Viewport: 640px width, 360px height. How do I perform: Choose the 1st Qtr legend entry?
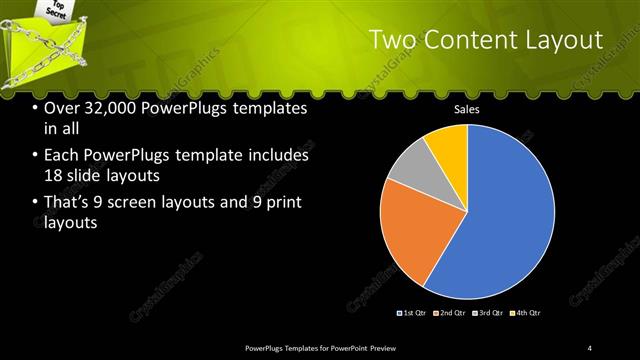click(x=414, y=313)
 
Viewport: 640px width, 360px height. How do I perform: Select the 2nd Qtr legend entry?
click(x=452, y=313)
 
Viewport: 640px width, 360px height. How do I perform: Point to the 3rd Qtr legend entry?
click(x=490, y=313)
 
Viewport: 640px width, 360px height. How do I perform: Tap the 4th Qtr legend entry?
click(x=528, y=313)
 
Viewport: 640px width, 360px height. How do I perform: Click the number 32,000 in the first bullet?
click(x=108, y=108)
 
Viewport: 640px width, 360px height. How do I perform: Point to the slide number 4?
click(x=590, y=347)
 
